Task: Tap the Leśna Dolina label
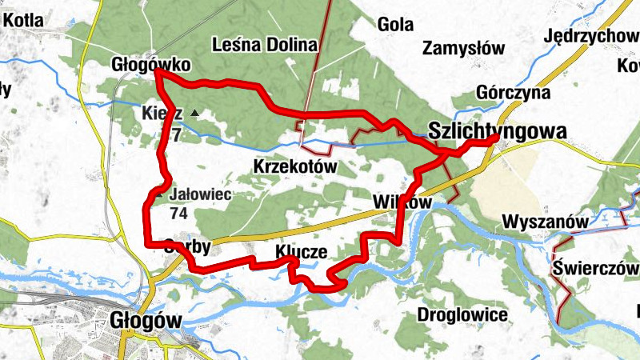coord(265,45)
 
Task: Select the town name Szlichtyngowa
coord(498,130)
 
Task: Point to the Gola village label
coord(395,24)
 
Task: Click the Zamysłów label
coord(464,48)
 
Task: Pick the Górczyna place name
coord(514,93)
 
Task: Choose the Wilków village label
coord(402,203)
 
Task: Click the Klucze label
coord(301,252)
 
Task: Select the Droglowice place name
coord(462,314)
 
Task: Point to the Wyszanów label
coord(546,221)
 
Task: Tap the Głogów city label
coord(144,320)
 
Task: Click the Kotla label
coord(25,21)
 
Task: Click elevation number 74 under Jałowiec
coord(178,214)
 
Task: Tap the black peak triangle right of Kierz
coord(193,114)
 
